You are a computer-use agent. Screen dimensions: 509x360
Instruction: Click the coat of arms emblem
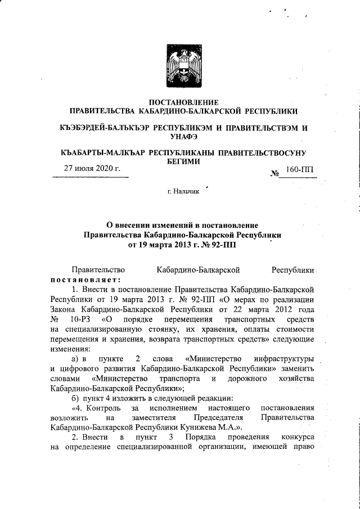(x=179, y=64)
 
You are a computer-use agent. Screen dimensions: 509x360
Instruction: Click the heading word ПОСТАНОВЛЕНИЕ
(x=179, y=102)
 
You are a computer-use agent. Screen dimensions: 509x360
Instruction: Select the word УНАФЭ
(x=179, y=136)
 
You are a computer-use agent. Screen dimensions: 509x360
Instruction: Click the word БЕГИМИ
(x=179, y=161)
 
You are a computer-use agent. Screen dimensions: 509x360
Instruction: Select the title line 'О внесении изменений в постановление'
(x=179, y=225)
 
